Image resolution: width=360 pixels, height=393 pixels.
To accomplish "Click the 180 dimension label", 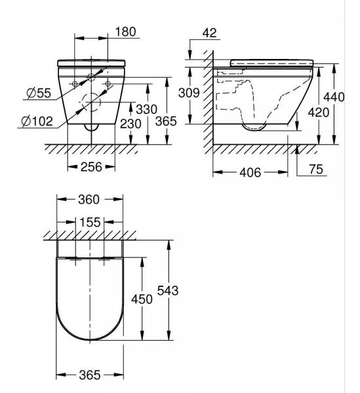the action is (125, 32).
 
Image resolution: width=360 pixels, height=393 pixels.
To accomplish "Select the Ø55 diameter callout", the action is (39, 93).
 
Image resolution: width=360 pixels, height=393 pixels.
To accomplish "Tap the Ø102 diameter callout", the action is (37, 121).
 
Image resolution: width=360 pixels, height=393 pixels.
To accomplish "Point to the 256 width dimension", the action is (91, 166).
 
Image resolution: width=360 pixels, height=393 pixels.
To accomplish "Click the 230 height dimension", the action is (130, 124).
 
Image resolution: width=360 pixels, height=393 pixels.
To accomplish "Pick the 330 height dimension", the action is (146, 109).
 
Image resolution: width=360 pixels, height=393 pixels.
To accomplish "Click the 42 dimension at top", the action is (209, 33).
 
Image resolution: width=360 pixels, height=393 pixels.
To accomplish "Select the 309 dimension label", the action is (189, 93).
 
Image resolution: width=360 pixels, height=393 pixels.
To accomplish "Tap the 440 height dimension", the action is (334, 97).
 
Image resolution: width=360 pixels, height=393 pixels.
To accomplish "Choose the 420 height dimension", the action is (319, 113).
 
